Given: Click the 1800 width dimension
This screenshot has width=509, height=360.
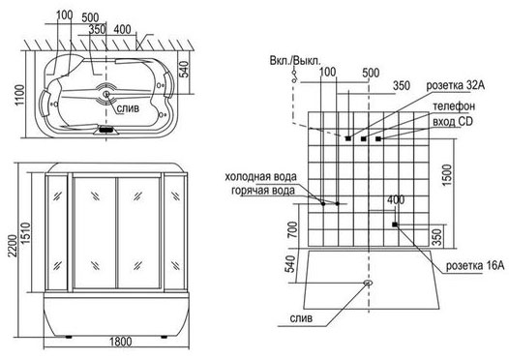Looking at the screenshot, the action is (x=120, y=342).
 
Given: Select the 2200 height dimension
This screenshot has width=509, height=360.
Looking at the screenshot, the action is (x=13, y=246).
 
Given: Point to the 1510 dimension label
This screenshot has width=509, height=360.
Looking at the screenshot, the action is (x=26, y=233).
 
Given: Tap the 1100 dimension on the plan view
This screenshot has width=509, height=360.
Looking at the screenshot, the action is (x=19, y=95).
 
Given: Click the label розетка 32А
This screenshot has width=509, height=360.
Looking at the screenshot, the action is (x=456, y=85).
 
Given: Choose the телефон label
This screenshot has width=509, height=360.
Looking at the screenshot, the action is (x=454, y=105).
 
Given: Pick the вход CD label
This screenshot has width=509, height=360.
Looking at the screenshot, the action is (x=453, y=121).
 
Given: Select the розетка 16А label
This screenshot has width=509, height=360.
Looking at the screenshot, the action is (x=475, y=265).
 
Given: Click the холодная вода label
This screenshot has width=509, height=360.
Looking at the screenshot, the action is (x=260, y=176).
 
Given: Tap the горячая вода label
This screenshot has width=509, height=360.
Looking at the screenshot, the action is (x=263, y=191).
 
